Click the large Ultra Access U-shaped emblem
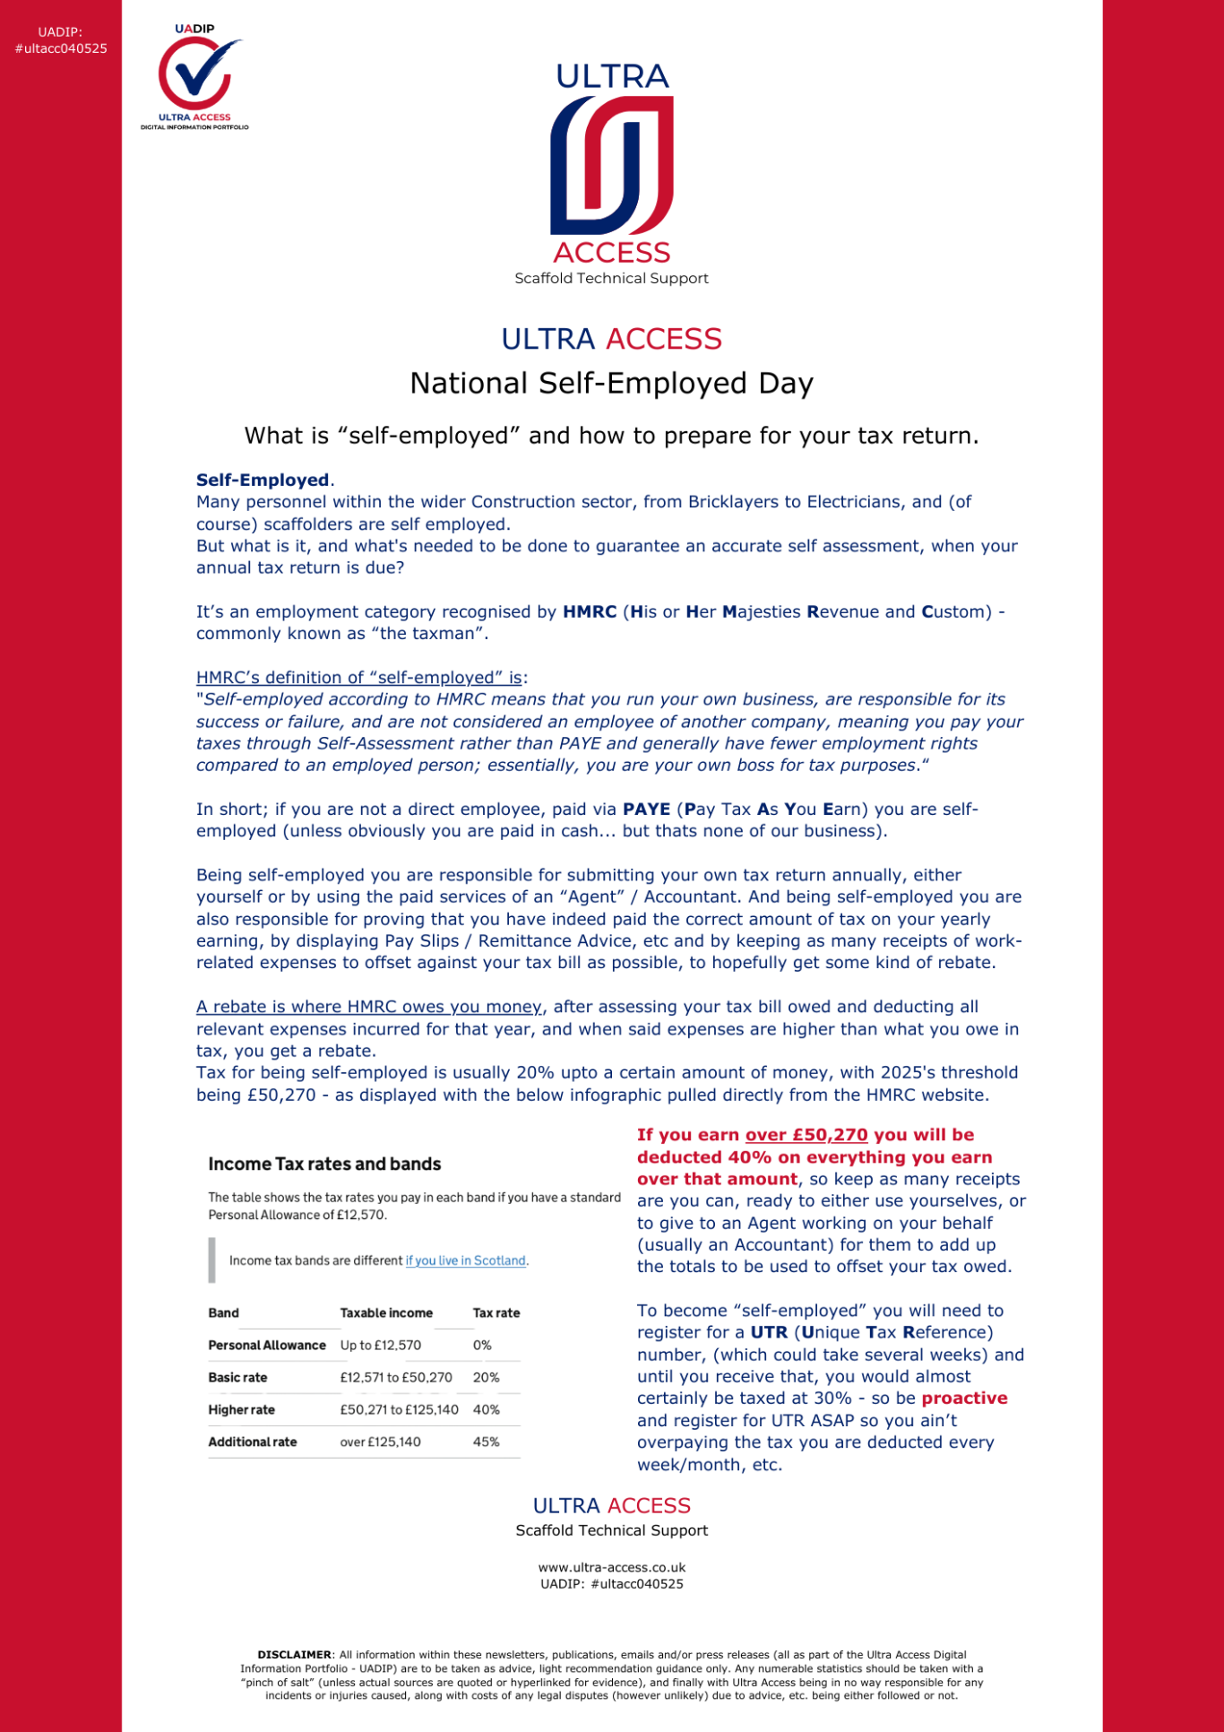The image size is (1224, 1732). coord(612,165)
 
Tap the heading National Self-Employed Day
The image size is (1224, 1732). coord(611,384)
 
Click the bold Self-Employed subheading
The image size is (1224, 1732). coord(263,481)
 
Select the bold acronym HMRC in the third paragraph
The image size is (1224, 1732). coord(589,612)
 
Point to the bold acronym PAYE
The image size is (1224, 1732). coord(646,810)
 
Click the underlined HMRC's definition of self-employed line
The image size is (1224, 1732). coord(359,678)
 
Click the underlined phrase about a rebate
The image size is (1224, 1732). coord(369,1007)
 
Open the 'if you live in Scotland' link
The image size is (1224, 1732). coord(466,1260)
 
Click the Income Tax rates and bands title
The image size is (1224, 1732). coord(324,1164)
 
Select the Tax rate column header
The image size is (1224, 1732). coord(496,1312)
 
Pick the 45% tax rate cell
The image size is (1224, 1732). coord(486,1442)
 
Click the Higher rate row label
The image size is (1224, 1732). coord(241,1409)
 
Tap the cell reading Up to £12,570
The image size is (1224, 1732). coord(380,1345)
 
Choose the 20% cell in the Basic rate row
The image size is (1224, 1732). coord(486,1377)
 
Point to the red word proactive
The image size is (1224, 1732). coord(964,1399)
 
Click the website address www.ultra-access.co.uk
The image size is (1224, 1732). coord(611,1568)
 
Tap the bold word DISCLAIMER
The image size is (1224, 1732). coord(294,1655)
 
